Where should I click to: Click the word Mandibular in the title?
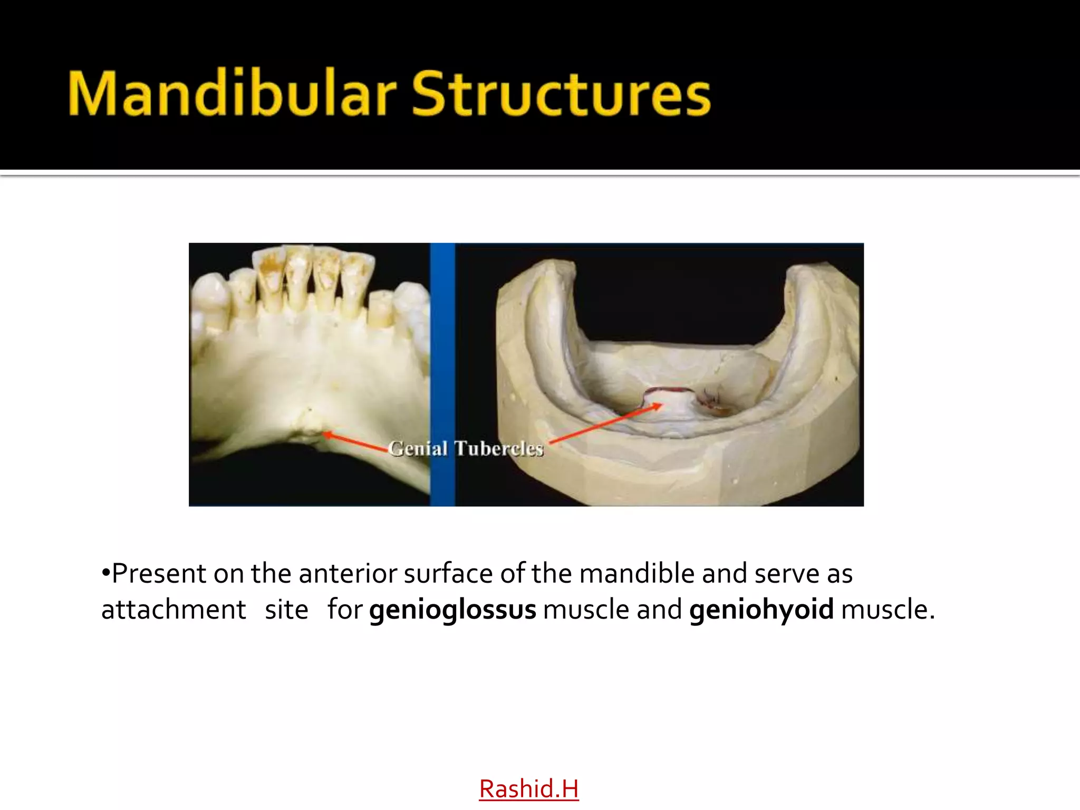232,94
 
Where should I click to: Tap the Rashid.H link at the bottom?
528,789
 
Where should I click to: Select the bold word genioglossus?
452,610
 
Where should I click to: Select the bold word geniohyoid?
761,610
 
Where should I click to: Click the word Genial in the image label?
418,449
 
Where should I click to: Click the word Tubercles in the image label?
498,449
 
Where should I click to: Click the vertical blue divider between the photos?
442,374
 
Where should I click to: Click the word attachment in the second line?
173,610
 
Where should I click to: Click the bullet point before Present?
105,573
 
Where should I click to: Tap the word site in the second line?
286,610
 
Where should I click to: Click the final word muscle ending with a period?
887,610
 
